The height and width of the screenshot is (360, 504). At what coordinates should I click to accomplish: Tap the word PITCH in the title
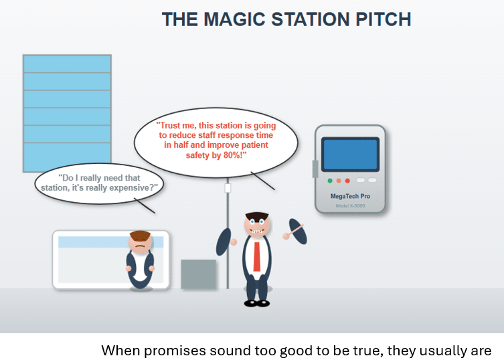pyautogui.click(x=383, y=19)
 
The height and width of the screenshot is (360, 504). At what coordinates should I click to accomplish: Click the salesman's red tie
pyautogui.click(x=257, y=256)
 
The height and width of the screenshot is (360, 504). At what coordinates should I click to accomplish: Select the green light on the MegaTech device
pyautogui.click(x=330, y=181)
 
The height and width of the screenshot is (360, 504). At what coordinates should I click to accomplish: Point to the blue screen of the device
pyautogui.click(x=350, y=155)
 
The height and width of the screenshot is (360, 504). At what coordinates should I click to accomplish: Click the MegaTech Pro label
pyautogui.click(x=350, y=196)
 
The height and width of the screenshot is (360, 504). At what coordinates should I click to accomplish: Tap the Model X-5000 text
pyautogui.click(x=350, y=205)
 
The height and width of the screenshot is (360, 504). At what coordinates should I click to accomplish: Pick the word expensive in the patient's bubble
pyautogui.click(x=133, y=188)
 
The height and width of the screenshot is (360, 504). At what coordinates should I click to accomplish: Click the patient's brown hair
pyautogui.click(x=140, y=236)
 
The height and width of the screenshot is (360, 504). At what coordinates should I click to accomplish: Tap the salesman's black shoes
pyautogui.click(x=257, y=303)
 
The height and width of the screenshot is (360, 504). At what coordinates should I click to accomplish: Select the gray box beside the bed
pyautogui.click(x=198, y=274)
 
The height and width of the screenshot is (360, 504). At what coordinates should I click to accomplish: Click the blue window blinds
pyautogui.click(x=67, y=114)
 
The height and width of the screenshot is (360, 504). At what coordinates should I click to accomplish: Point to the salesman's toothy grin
pyautogui.click(x=257, y=231)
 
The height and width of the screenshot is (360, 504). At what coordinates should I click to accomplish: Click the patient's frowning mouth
pyautogui.click(x=139, y=246)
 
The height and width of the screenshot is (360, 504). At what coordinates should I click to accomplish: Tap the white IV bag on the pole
pyautogui.click(x=228, y=188)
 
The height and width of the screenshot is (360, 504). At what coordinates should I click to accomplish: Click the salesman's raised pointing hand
pyautogui.click(x=286, y=236)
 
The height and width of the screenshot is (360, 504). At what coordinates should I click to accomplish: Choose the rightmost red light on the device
pyautogui.click(x=347, y=181)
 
